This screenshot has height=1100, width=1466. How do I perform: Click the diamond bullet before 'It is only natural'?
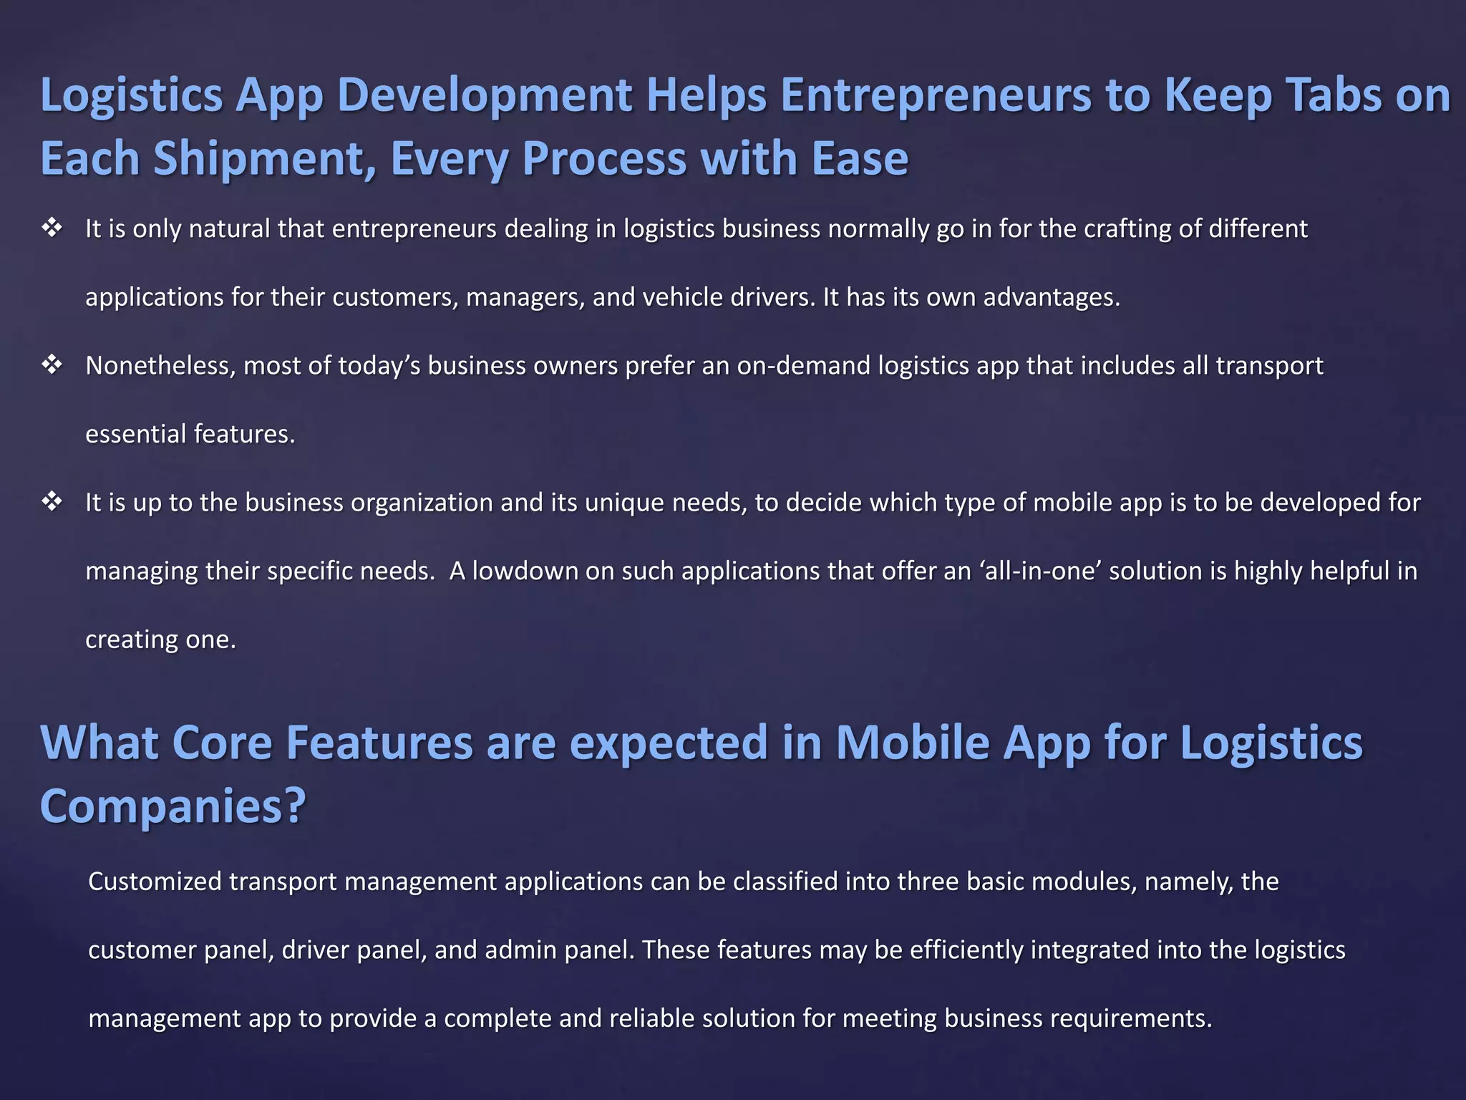pyautogui.click(x=52, y=228)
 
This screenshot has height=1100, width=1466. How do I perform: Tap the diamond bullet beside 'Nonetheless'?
pyautogui.click(x=52, y=365)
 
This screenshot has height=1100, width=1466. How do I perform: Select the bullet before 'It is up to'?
pyautogui.click(x=52, y=502)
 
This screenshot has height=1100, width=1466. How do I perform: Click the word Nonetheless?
pyautogui.click(x=160, y=366)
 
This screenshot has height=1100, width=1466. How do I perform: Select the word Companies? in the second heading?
pyautogui.click(x=173, y=806)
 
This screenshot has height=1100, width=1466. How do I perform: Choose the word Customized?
pyautogui.click(x=155, y=882)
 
